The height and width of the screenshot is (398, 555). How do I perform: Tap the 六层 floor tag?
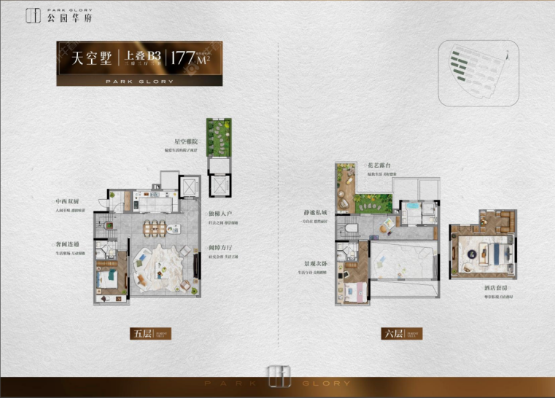393,334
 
